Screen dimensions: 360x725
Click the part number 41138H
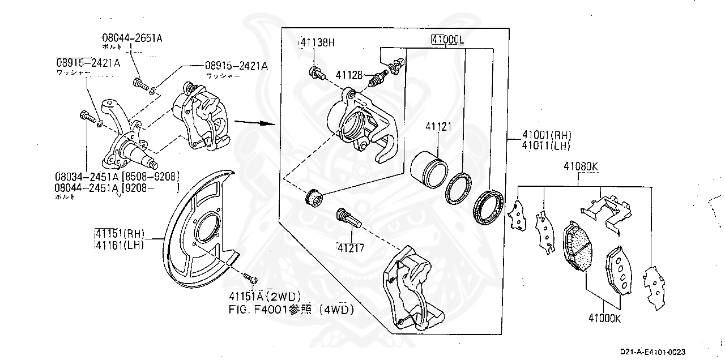pyautogui.click(x=317, y=42)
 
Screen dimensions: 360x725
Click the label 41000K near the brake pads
pyautogui.click(x=604, y=318)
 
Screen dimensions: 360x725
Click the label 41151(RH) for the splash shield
pyautogui.click(x=120, y=234)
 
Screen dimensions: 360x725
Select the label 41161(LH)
pyautogui.click(x=120, y=245)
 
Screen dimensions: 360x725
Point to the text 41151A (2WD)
pyautogui.click(x=265, y=296)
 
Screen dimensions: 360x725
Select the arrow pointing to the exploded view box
pyautogui.click(x=249, y=122)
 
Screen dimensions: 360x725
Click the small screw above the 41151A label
pyautogui.click(x=251, y=278)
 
